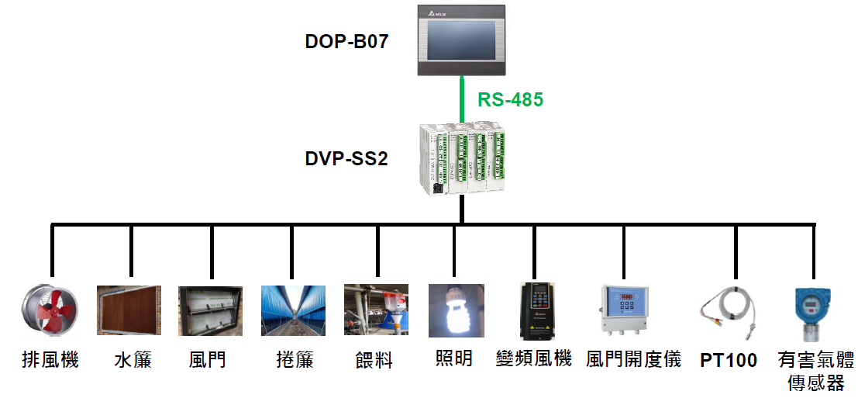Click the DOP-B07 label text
pyautogui.click(x=346, y=41)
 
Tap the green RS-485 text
pyautogui.click(x=510, y=99)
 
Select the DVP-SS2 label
pyautogui.click(x=346, y=159)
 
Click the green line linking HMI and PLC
pyautogui.click(x=462, y=99)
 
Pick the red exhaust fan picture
pyautogui.click(x=49, y=311)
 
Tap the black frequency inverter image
pyautogui.click(x=536, y=311)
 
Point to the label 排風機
pyautogui.click(x=50, y=360)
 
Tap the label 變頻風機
pyautogui.click(x=534, y=358)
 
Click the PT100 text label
pyautogui.click(x=729, y=361)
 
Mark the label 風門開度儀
pyautogui.click(x=634, y=358)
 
